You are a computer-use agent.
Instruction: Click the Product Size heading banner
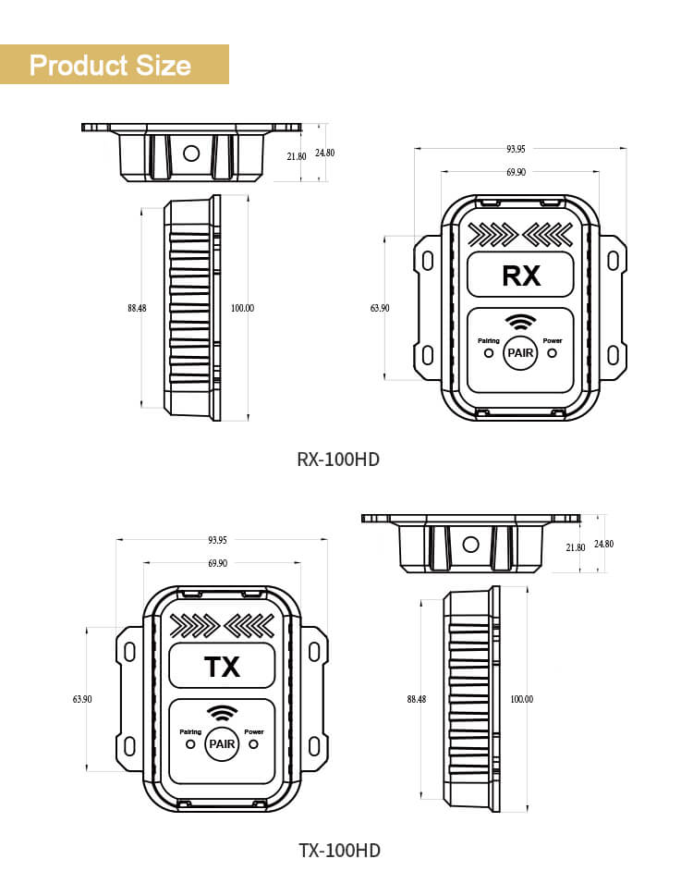115,65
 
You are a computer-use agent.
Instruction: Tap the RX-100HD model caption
338,460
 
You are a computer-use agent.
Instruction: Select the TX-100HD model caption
339,851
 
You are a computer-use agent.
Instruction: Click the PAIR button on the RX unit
520,352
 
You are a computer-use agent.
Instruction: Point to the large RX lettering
521,276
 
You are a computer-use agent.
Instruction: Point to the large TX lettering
222,668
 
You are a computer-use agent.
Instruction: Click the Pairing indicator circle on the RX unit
489,352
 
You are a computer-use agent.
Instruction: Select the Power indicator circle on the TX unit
254,743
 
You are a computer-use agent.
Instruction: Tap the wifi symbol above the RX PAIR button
520,322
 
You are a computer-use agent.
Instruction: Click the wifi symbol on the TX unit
222,713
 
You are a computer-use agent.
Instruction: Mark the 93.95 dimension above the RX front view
516,149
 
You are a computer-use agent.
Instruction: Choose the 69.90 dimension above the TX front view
218,563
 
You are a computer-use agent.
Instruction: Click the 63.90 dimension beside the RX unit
380,308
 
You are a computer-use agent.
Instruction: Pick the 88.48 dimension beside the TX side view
417,699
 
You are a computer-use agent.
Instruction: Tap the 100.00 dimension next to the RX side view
242,308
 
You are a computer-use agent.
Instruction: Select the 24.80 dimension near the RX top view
325,153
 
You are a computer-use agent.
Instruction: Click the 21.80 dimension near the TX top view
576,547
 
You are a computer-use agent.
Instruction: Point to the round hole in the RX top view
191,153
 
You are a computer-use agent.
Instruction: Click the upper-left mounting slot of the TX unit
130,652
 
